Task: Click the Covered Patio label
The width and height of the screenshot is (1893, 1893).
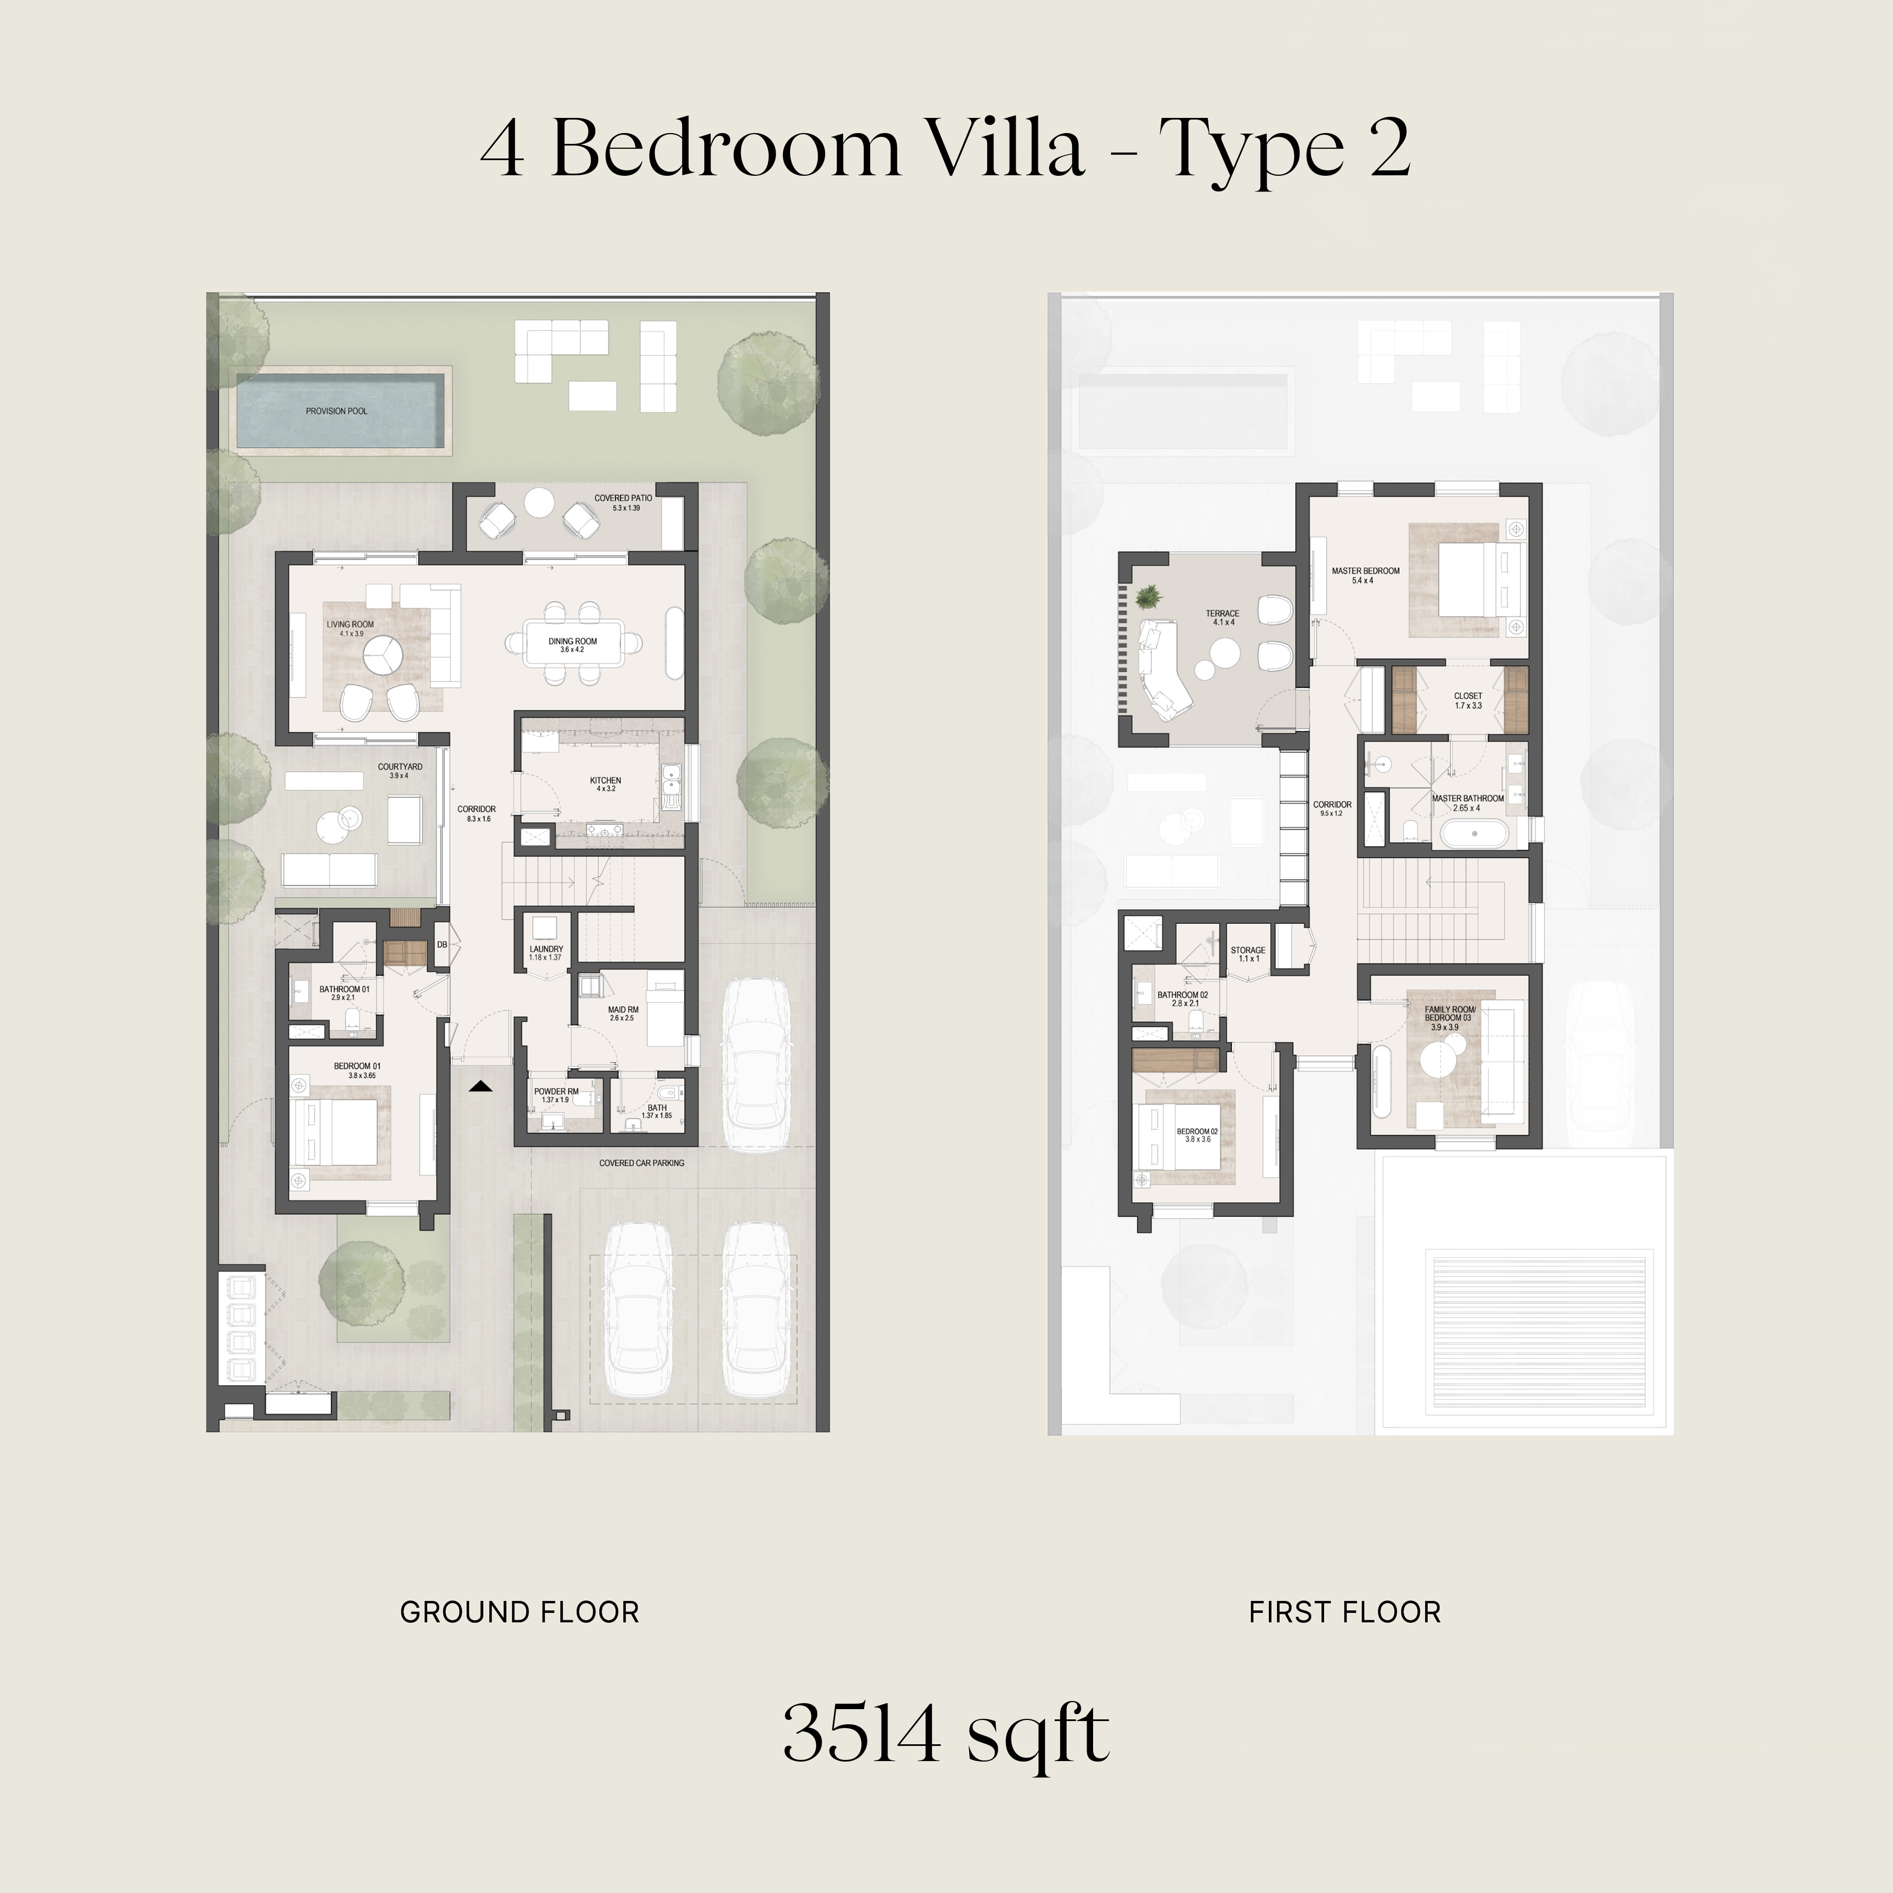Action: [x=623, y=502]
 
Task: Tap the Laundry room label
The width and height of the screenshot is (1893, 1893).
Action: [x=546, y=952]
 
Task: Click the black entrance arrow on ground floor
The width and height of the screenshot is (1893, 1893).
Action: [x=480, y=1086]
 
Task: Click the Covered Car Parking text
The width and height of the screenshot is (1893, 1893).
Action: [x=642, y=1163]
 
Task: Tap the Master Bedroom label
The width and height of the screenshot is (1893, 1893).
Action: [x=1365, y=575]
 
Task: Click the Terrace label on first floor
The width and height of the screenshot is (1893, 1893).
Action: [x=1223, y=617]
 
